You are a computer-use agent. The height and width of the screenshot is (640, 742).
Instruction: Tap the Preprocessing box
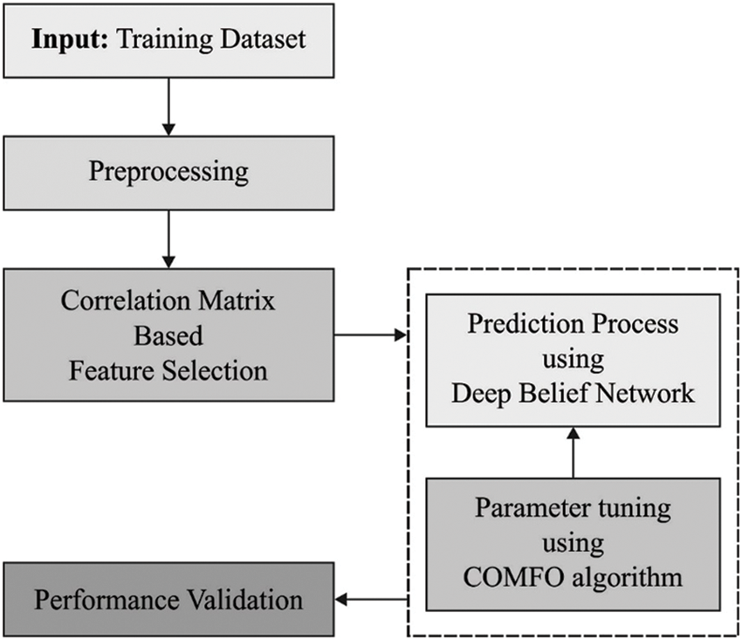point(168,170)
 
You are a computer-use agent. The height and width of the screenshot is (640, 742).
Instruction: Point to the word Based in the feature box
point(168,335)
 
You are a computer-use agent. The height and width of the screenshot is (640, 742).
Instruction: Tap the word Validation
point(248,600)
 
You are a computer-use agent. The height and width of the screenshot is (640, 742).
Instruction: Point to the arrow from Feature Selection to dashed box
point(371,334)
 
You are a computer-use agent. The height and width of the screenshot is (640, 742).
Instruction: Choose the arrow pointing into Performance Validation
point(372,599)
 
